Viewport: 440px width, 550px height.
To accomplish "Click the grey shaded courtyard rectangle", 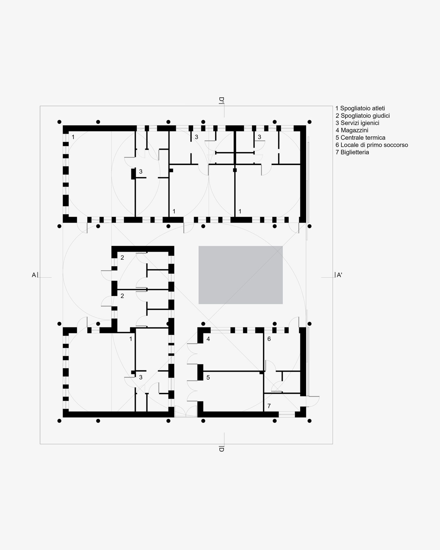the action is point(241,275).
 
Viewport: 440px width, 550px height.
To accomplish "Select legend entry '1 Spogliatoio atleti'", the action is point(360,108).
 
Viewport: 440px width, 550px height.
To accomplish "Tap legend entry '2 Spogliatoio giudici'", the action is point(363,116).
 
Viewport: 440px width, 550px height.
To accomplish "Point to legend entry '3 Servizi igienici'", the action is point(357,123).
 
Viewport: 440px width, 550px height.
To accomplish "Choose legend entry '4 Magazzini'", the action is point(352,130).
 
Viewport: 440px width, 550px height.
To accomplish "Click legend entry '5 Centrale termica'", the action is point(361,138).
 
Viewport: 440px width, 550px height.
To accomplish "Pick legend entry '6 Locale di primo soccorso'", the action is point(372,145).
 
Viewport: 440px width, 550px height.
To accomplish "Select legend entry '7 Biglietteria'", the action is point(352,152).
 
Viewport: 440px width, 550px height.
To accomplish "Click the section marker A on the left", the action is point(34,275).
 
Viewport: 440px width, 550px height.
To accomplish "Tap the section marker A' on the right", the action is point(339,275).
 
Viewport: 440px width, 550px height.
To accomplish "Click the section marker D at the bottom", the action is point(221,449).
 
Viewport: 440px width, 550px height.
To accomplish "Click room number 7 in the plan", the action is point(269,406).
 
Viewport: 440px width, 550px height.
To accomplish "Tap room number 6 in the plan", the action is point(269,339).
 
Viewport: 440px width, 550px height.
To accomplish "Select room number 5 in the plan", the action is point(208,377).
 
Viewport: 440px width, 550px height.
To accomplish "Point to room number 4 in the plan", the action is point(208,339).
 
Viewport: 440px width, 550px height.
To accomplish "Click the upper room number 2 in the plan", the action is point(122,257).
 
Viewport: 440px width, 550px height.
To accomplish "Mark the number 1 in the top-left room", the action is point(73,137).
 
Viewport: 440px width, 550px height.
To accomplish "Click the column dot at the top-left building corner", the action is point(59,122).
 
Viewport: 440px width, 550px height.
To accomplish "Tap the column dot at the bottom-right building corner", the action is point(309,421).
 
